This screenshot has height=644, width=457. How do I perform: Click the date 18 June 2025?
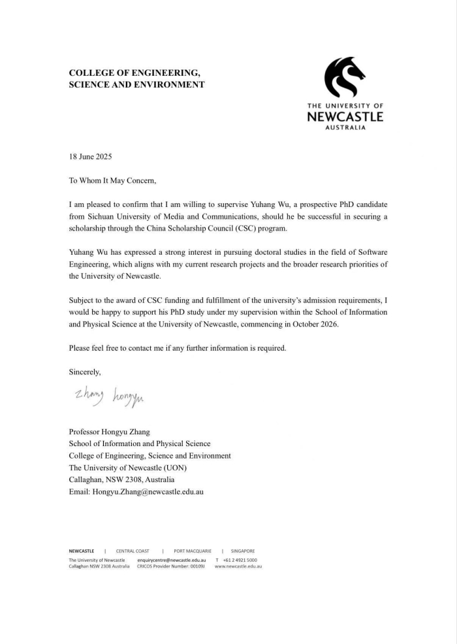click(91, 157)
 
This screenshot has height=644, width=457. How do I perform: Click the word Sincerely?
click(85, 372)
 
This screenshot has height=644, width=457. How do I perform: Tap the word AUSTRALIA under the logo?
click(345, 128)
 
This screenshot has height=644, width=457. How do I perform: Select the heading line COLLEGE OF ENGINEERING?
click(134, 72)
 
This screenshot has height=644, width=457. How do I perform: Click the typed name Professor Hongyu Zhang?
click(109, 432)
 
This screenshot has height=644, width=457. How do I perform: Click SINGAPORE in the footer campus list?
click(242, 551)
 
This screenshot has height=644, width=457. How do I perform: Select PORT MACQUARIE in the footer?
click(193, 551)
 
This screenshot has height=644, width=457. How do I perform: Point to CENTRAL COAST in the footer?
click(133, 551)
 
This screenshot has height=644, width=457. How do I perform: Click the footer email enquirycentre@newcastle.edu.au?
click(172, 560)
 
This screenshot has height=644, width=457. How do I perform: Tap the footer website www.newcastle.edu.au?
click(238, 566)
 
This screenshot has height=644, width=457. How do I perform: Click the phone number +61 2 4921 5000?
click(240, 560)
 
